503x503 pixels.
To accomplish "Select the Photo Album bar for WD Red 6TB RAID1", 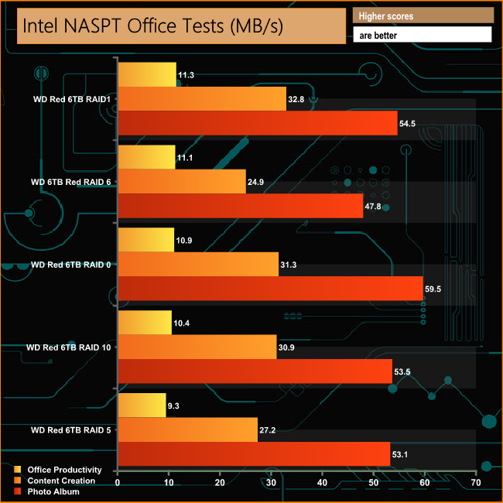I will [x=257, y=123].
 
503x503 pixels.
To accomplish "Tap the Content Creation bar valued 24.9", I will [x=181, y=181].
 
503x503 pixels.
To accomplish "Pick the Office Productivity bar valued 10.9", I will [x=145, y=240].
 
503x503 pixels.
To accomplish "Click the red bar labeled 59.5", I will [x=270, y=288].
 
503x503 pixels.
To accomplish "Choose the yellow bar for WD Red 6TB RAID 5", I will [x=142, y=405].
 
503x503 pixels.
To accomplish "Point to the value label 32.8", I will [x=297, y=99].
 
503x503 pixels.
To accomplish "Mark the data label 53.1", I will [x=402, y=453].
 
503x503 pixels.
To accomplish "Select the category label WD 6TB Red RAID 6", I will [x=69, y=182].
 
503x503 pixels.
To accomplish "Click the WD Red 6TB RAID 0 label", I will [x=70, y=265].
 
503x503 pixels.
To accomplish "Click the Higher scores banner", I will [x=423, y=15].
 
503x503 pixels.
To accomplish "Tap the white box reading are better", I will [x=423, y=35].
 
